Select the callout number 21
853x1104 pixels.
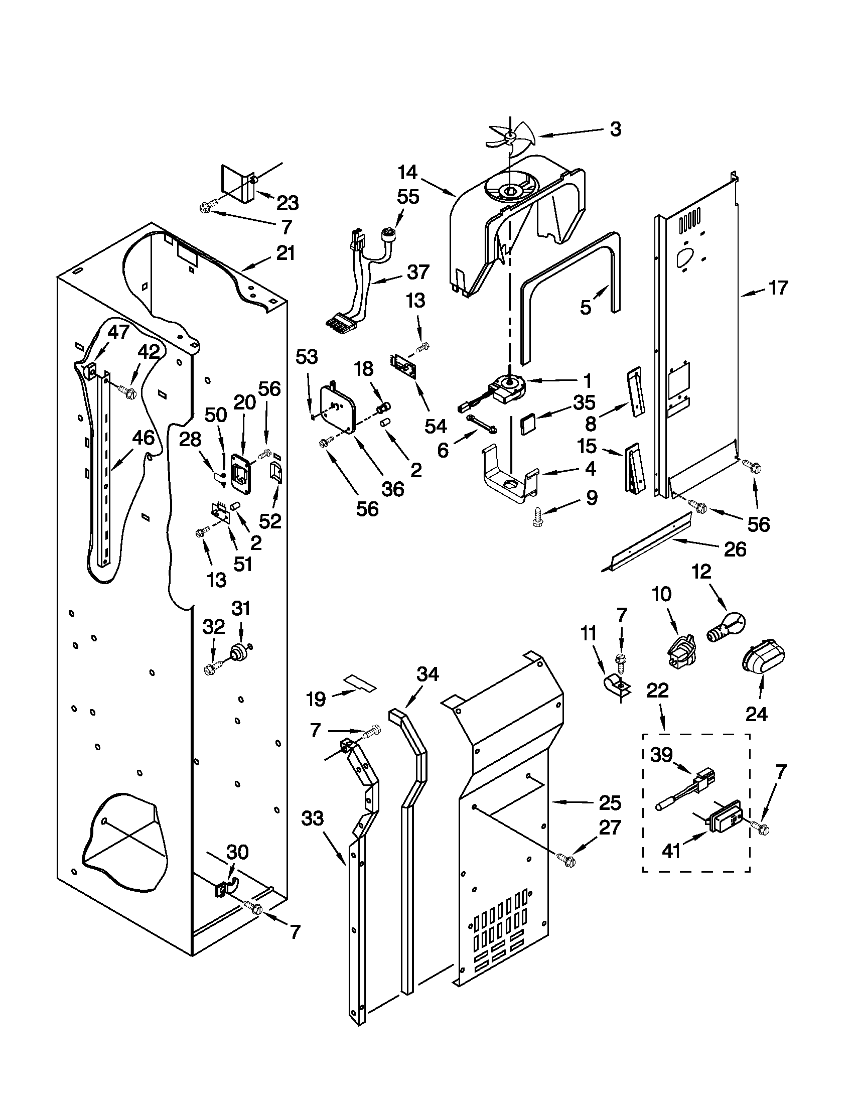286,253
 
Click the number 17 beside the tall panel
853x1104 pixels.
778,288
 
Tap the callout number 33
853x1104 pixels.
312,818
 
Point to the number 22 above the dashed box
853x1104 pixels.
657,691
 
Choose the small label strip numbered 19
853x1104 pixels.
360,683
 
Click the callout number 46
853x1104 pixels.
143,438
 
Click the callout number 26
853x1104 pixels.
735,549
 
